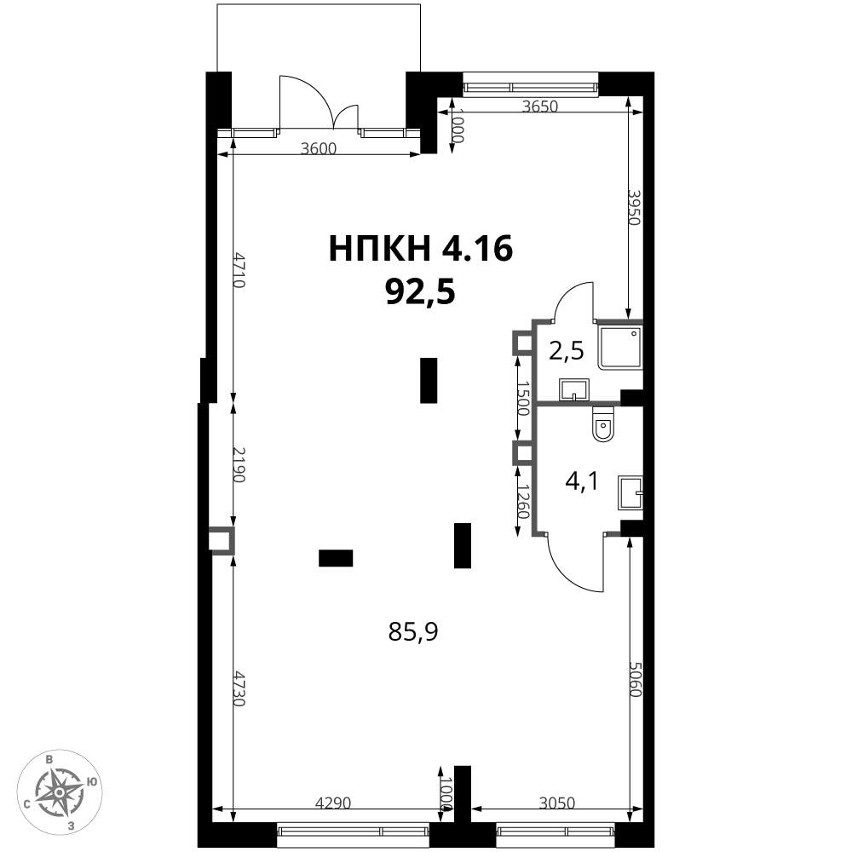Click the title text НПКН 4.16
point(421,250)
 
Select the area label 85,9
point(413,632)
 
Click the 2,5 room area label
point(567,352)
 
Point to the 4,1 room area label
point(582,481)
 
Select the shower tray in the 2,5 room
point(620,348)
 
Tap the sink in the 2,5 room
point(573,389)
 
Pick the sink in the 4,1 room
point(630,492)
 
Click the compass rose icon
point(60,792)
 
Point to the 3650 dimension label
point(539,106)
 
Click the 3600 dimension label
point(319,148)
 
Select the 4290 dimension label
point(334,802)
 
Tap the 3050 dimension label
point(557,802)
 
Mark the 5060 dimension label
point(636,679)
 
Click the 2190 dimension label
point(239,464)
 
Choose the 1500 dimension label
point(523,398)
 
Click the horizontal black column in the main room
point(336,558)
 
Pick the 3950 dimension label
point(634,207)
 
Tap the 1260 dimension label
point(523,503)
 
